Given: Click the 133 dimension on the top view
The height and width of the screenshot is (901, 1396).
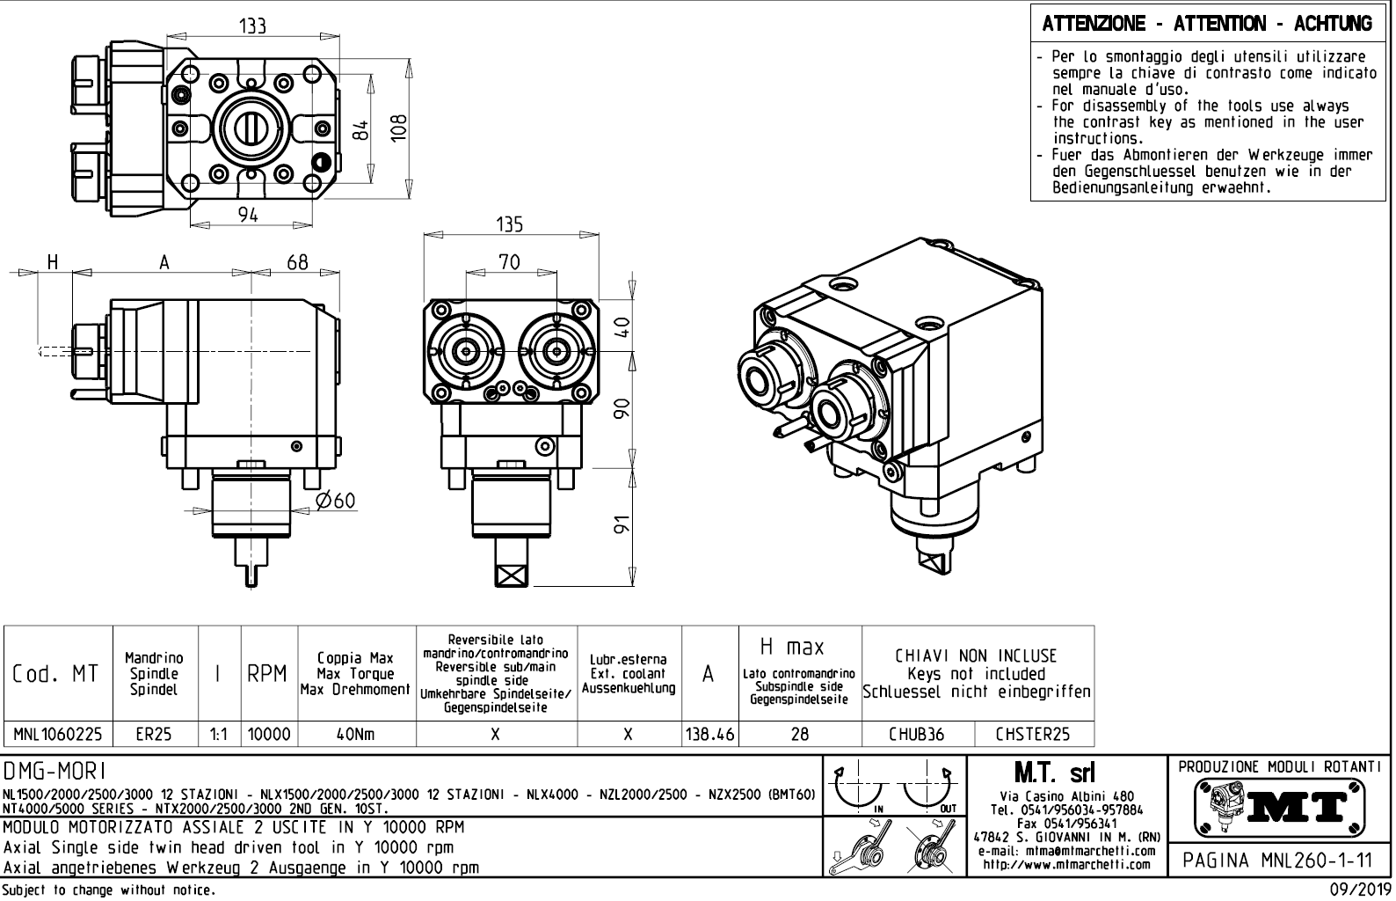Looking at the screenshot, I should tap(252, 26).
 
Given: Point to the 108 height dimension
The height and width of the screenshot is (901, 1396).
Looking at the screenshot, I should tap(399, 129).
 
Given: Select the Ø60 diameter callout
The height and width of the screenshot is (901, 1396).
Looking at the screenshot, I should tap(335, 502).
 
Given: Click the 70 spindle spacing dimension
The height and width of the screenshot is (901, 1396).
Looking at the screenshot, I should tap(509, 261).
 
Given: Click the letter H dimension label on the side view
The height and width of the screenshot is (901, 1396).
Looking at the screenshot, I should tap(53, 261).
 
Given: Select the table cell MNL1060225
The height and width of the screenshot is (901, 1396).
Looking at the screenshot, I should tap(58, 733).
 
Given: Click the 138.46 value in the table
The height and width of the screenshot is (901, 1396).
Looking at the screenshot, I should tap(709, 733).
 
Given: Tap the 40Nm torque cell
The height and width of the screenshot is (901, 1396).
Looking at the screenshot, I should tap(356, 733).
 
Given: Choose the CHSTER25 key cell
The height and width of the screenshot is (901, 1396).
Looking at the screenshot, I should tap(1033, 733).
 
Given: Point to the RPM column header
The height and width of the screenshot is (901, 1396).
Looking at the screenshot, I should tap(266, 674).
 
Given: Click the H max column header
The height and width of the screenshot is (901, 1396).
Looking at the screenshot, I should tap(792, 648).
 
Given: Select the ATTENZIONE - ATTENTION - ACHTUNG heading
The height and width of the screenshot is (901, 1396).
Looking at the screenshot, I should tap(1207, 24).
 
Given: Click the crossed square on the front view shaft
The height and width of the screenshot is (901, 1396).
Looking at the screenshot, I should tap(510, 575).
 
